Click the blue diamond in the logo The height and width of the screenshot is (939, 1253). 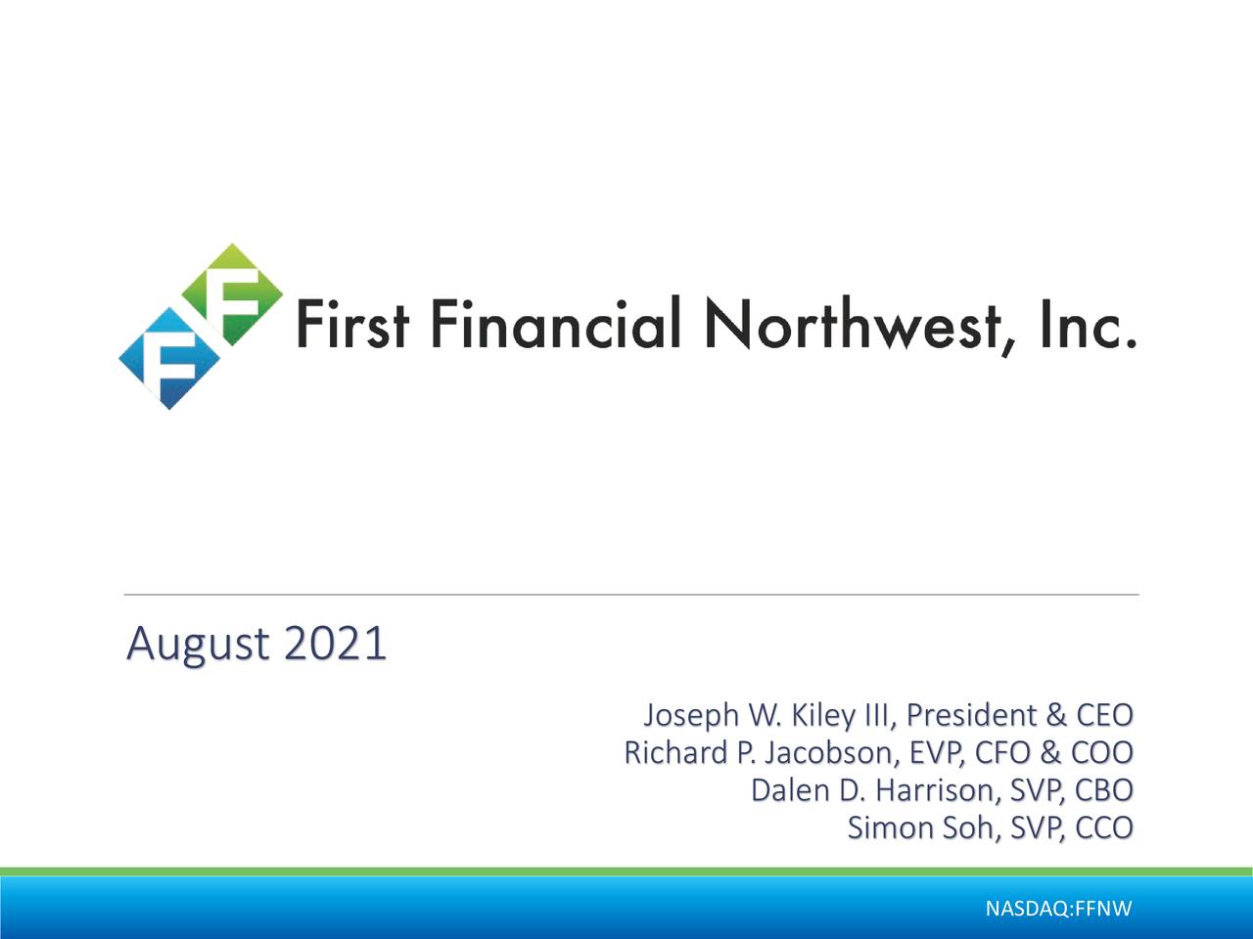(168, 358)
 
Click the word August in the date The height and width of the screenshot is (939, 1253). (198, 645)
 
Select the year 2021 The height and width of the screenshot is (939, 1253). (334, 644)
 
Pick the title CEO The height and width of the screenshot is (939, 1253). (1103, 716)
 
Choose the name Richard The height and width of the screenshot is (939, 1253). (675, 753)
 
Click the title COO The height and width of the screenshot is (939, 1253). (1101, 753)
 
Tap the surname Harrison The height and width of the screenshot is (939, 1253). (931, 790)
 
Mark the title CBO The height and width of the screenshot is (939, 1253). (1103, 790)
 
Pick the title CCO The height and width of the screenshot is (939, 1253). (1103, 827)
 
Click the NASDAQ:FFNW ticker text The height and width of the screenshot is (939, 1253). (1058, 910)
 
